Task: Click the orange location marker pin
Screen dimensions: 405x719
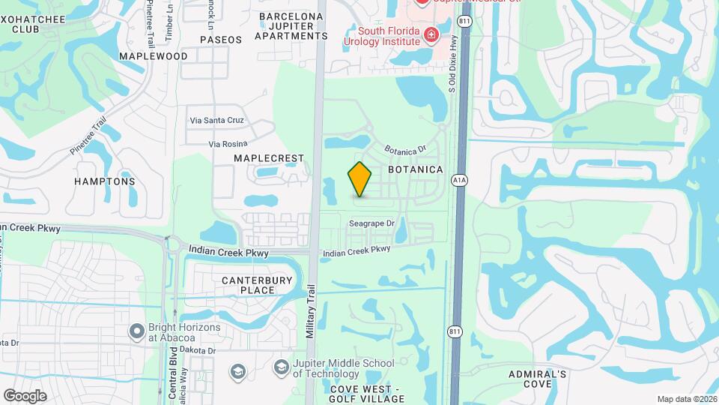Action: [x=360, y=179]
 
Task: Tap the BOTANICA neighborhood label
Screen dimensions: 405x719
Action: [x=416, y=170]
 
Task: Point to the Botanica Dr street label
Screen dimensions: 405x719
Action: [x=405, y=151]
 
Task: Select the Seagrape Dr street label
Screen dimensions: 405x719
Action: [x=371, y=223]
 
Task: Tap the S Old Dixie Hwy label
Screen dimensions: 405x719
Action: [x=452, y=71]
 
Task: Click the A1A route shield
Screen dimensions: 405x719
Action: [x=459, y=180]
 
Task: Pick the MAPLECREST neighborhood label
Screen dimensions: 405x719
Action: [x=269, y=158]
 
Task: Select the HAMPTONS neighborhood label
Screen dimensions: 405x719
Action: [x=105, y=181]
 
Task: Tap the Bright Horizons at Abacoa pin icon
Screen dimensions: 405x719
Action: [x=136, y=330]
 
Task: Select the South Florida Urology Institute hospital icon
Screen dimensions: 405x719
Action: [x=431, y=34]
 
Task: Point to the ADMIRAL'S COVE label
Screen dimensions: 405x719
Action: [x=538, y=379]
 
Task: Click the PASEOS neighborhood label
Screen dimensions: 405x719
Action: [x=221, y=39]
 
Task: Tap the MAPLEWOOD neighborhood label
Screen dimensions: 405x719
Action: [x=153, y=56]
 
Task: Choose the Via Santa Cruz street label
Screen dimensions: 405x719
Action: [x=216, y=120]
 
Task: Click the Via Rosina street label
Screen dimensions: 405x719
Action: [x=228, y=143]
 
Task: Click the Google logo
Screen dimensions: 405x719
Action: [x=25, y=395]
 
